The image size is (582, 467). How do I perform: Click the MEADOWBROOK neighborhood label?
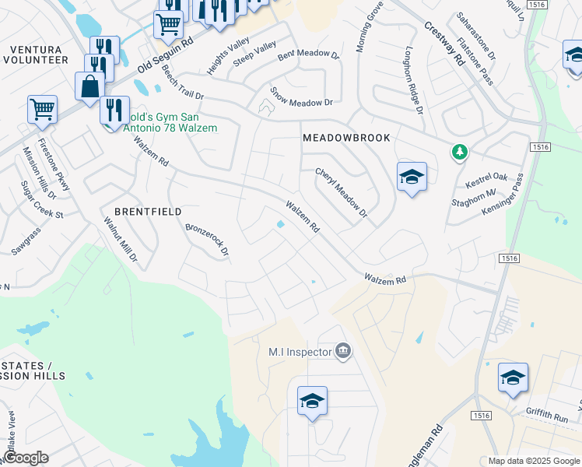345,138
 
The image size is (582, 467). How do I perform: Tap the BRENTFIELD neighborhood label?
148,212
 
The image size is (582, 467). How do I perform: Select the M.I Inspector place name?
300,353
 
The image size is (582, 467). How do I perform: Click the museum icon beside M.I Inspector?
343,353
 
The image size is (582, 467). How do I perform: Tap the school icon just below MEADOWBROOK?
412,178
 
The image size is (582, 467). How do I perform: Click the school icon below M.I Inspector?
312,402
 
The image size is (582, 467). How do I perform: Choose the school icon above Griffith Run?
514,378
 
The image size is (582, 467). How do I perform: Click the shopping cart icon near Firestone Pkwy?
42,110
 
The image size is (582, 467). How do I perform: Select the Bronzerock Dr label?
207,240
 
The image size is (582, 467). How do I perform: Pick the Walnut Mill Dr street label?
121,238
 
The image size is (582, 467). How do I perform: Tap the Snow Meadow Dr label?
301,97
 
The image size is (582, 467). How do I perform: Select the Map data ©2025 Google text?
534,461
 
